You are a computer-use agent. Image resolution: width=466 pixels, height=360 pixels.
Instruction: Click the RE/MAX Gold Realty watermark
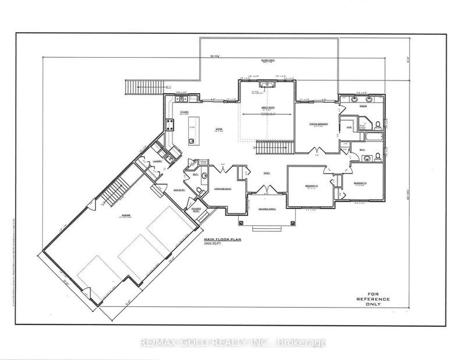(x=233, y=343)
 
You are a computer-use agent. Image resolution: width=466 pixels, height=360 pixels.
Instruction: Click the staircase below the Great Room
(x=273, y=148)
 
